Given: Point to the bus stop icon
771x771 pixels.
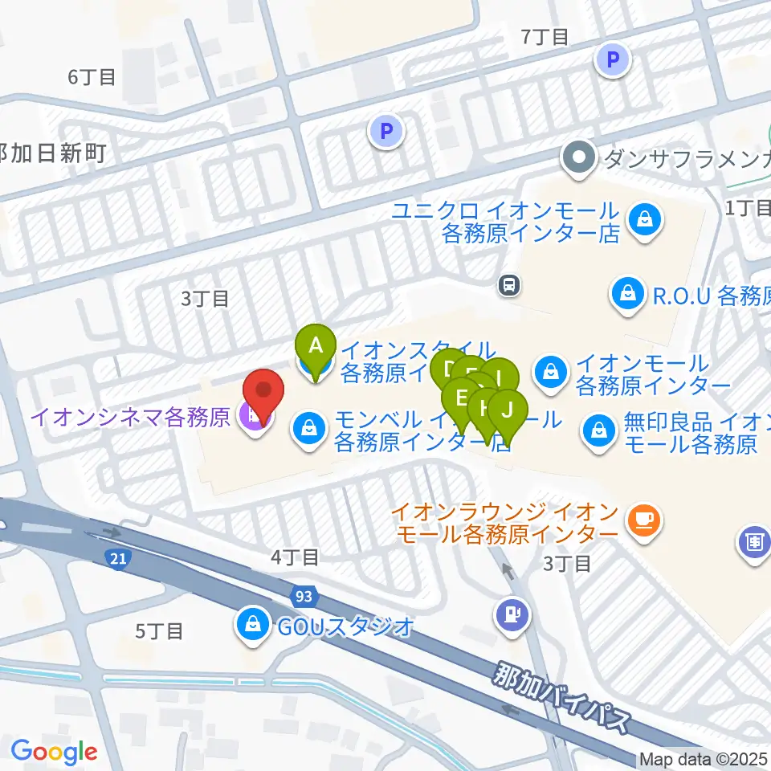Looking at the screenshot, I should click(x=509, y=284).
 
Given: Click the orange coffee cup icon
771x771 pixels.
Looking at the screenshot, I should click(x=644, y=520).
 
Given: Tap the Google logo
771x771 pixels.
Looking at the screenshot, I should click(x=54, y=752).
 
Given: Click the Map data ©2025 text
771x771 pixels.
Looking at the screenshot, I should click(x=704, y=759).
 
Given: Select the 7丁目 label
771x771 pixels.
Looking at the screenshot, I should click(x=545, y=36).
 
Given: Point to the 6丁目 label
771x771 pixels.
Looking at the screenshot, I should click(x=92, y=77).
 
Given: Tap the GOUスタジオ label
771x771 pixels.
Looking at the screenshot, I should click(x=345, y=626).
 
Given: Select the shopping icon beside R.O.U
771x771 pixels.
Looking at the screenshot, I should click(x=625, y=295).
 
